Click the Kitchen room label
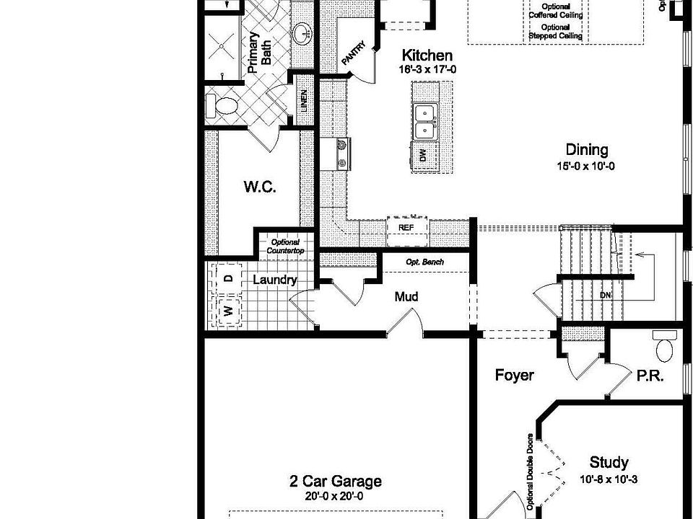click(x=427, y=56)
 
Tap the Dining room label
click(x=586, y=150)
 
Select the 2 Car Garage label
click(x=336, y=482)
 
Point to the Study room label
click(x=609, y=463)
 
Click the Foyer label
click(x=514, y=376)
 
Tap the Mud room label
click(x=406, y=296)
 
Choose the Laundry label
click(x=274, y=280)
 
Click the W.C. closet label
click(x=259, y=187)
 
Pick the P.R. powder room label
click(x=650, y=376)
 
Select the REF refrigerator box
click(x=406, y=226)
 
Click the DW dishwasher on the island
click(x=423, y=154)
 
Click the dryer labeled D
click(x=227, y=278)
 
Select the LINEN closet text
click(x=304, y=105)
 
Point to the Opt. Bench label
click(x=424, y=262)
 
